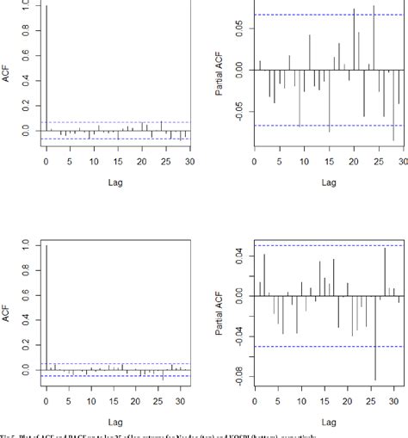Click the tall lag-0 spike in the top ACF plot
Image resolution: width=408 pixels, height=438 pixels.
46,69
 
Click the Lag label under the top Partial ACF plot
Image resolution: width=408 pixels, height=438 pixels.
329,182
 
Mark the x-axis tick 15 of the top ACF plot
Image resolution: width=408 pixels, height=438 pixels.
118,162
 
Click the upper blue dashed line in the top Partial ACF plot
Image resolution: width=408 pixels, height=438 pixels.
327,15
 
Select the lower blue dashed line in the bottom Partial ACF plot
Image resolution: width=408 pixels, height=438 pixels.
327,346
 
